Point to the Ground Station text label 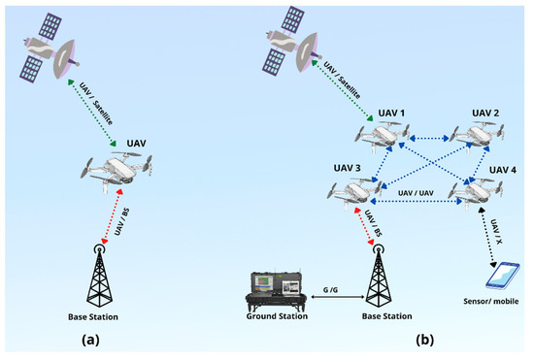coord(276,316)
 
